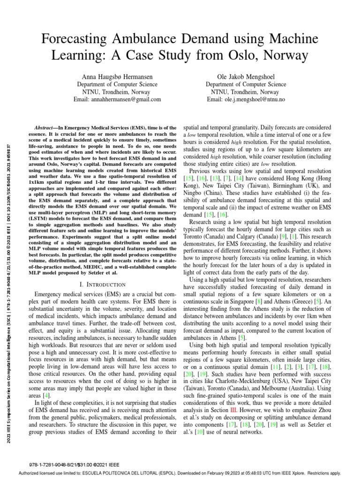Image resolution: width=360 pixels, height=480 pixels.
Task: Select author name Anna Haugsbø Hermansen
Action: [117, 76]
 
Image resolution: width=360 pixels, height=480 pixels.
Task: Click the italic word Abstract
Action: [46, 127]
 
